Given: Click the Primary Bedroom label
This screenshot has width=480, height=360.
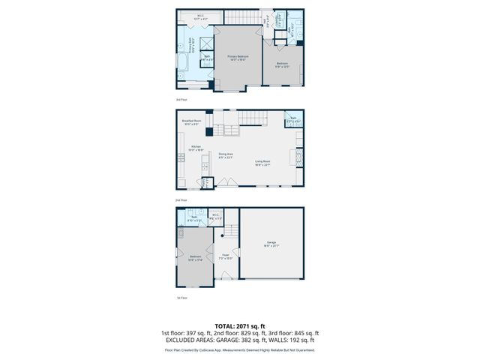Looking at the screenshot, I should [238, 57].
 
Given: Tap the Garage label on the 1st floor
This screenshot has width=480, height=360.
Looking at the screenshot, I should [271, 243].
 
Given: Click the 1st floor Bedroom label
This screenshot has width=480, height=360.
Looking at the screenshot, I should [195, 258].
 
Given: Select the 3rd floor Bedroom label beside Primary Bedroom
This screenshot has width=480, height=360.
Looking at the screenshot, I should [281, 64].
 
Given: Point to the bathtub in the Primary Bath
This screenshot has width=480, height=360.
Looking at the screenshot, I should [184, 61].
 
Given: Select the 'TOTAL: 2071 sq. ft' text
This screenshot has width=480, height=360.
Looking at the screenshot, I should [239, 326].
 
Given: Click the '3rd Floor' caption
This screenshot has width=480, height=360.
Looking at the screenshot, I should [181, 99].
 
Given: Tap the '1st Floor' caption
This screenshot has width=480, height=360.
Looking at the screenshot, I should [181, 298].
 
